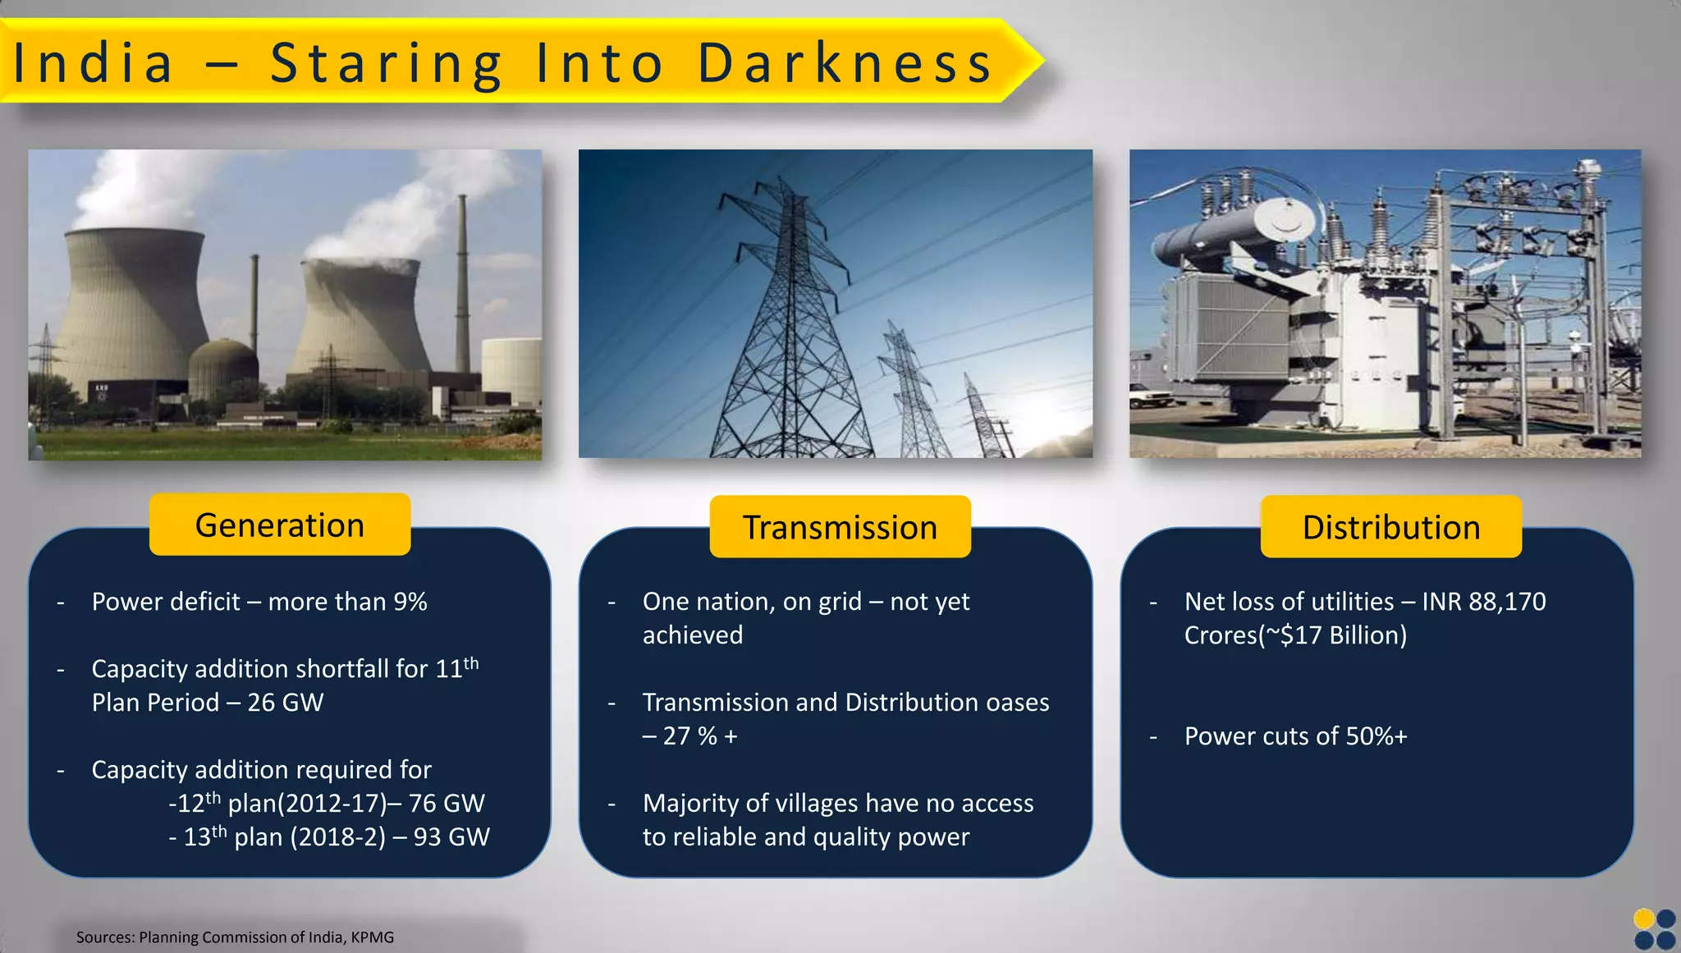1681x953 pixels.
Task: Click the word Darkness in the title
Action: click(845, 63)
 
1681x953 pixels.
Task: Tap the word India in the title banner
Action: click(94, 63)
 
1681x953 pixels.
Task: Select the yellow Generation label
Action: click(280, 525)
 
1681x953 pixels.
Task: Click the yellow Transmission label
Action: click(840, 527)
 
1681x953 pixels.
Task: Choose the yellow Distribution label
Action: click(1391, 527)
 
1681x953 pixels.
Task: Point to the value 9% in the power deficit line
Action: click(410, 602)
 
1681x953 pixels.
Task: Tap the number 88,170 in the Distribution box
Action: click(1507, 602)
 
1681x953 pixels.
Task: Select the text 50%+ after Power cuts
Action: click(1376, 736)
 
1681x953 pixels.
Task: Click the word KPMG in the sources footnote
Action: click(373, 937)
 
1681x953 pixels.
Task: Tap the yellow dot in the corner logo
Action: click(1644, 919)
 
